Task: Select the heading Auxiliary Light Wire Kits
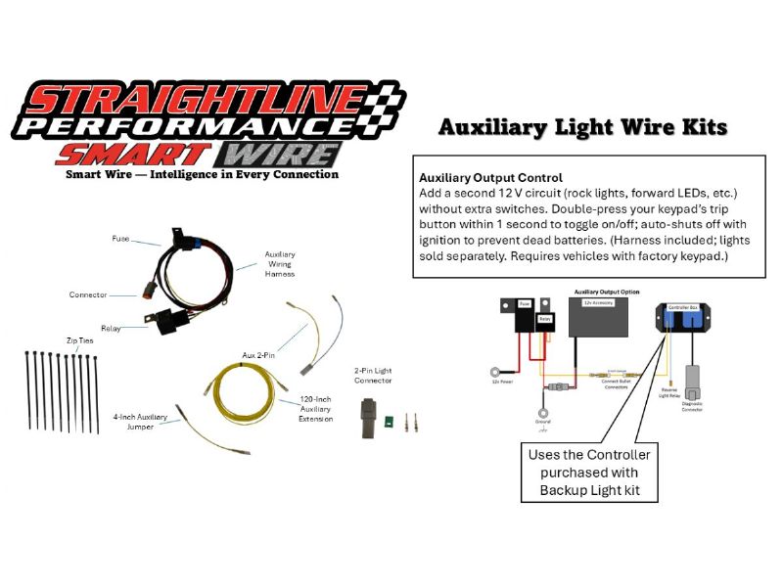[581, 127]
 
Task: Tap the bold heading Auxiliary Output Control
[490, 178]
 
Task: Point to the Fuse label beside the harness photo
[120, 238]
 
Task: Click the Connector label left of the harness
[88, 294]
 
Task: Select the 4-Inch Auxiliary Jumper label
[140, 422]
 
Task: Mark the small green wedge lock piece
[389, 423]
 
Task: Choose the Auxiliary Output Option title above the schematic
[607, 292]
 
